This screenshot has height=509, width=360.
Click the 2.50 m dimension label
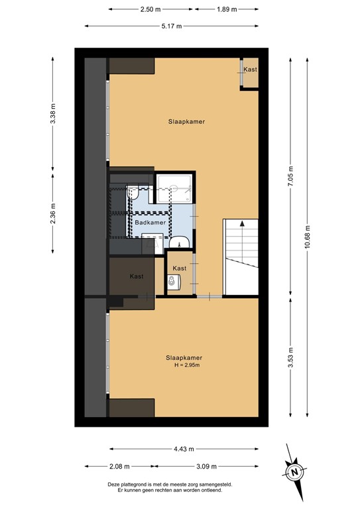(x=150, y=10)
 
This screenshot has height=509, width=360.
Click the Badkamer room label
(x=150, y=223)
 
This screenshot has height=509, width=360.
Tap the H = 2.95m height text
(x=183, y=365)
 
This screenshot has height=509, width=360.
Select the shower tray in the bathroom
(x=176, y=188)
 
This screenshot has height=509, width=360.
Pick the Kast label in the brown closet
(x=137, y=276)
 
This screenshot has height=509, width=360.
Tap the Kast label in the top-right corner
(x=250, y=70)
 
